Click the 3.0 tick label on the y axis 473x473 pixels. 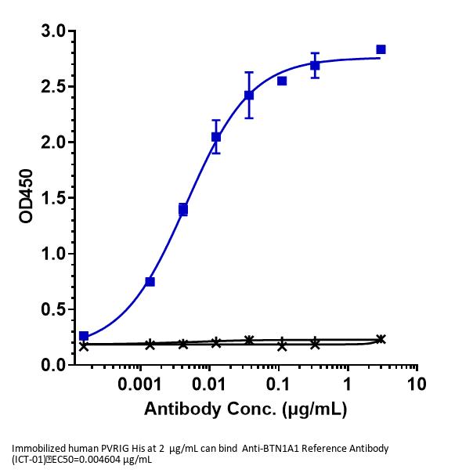tap(52, 31)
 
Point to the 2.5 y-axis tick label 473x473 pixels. tap(52, 87)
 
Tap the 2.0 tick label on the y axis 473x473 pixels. tap(52, 143)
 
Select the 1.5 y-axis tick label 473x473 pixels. tap(52, 198)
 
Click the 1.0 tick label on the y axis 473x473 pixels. tap(52, 254)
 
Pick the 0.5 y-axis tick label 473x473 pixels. tap(52, 309)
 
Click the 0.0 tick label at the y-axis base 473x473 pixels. tap(52, 365)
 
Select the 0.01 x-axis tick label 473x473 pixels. tap(209, 386)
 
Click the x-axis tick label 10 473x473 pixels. tap(417, 386)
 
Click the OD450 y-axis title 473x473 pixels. tap(26, 198)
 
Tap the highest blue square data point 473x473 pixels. tap(381, 49)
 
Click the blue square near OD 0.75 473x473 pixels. tap(150, 281)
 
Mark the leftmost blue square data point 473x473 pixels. tap(84, 336)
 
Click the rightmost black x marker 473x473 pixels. tap(381, 339)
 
